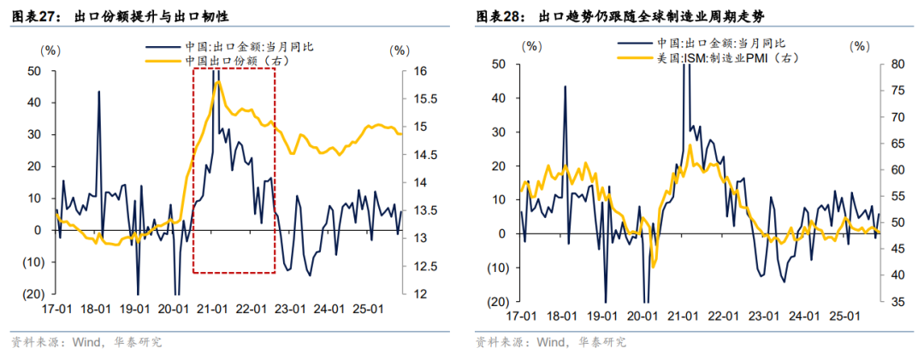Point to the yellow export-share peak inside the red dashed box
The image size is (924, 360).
pos(218,81)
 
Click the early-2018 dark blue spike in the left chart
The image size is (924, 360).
pos(98,91)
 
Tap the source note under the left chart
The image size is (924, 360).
pos(86,342)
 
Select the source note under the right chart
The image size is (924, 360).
pos(551,342)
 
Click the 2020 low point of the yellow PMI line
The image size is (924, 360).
pos(653,267)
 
